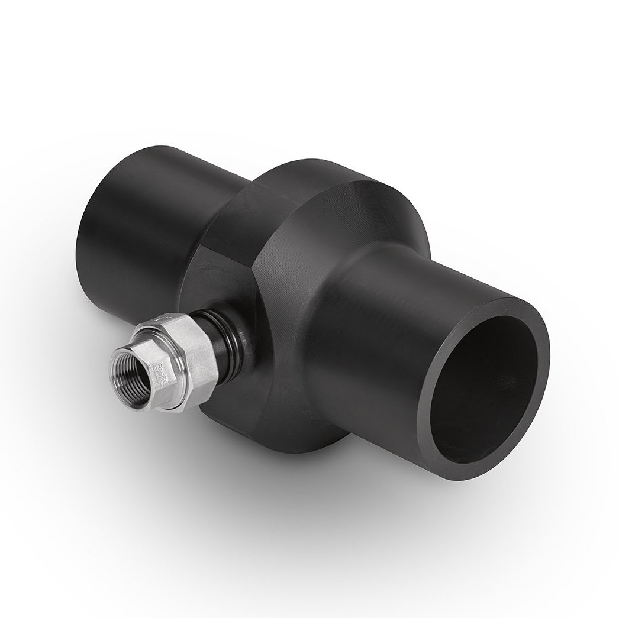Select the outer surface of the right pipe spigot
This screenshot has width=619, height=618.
coord(408,308)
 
